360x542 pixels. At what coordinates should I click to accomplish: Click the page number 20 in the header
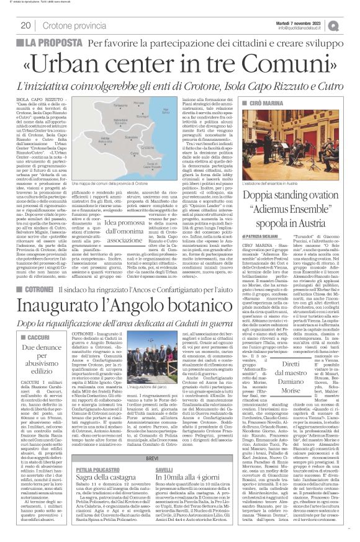click(27, 25)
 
